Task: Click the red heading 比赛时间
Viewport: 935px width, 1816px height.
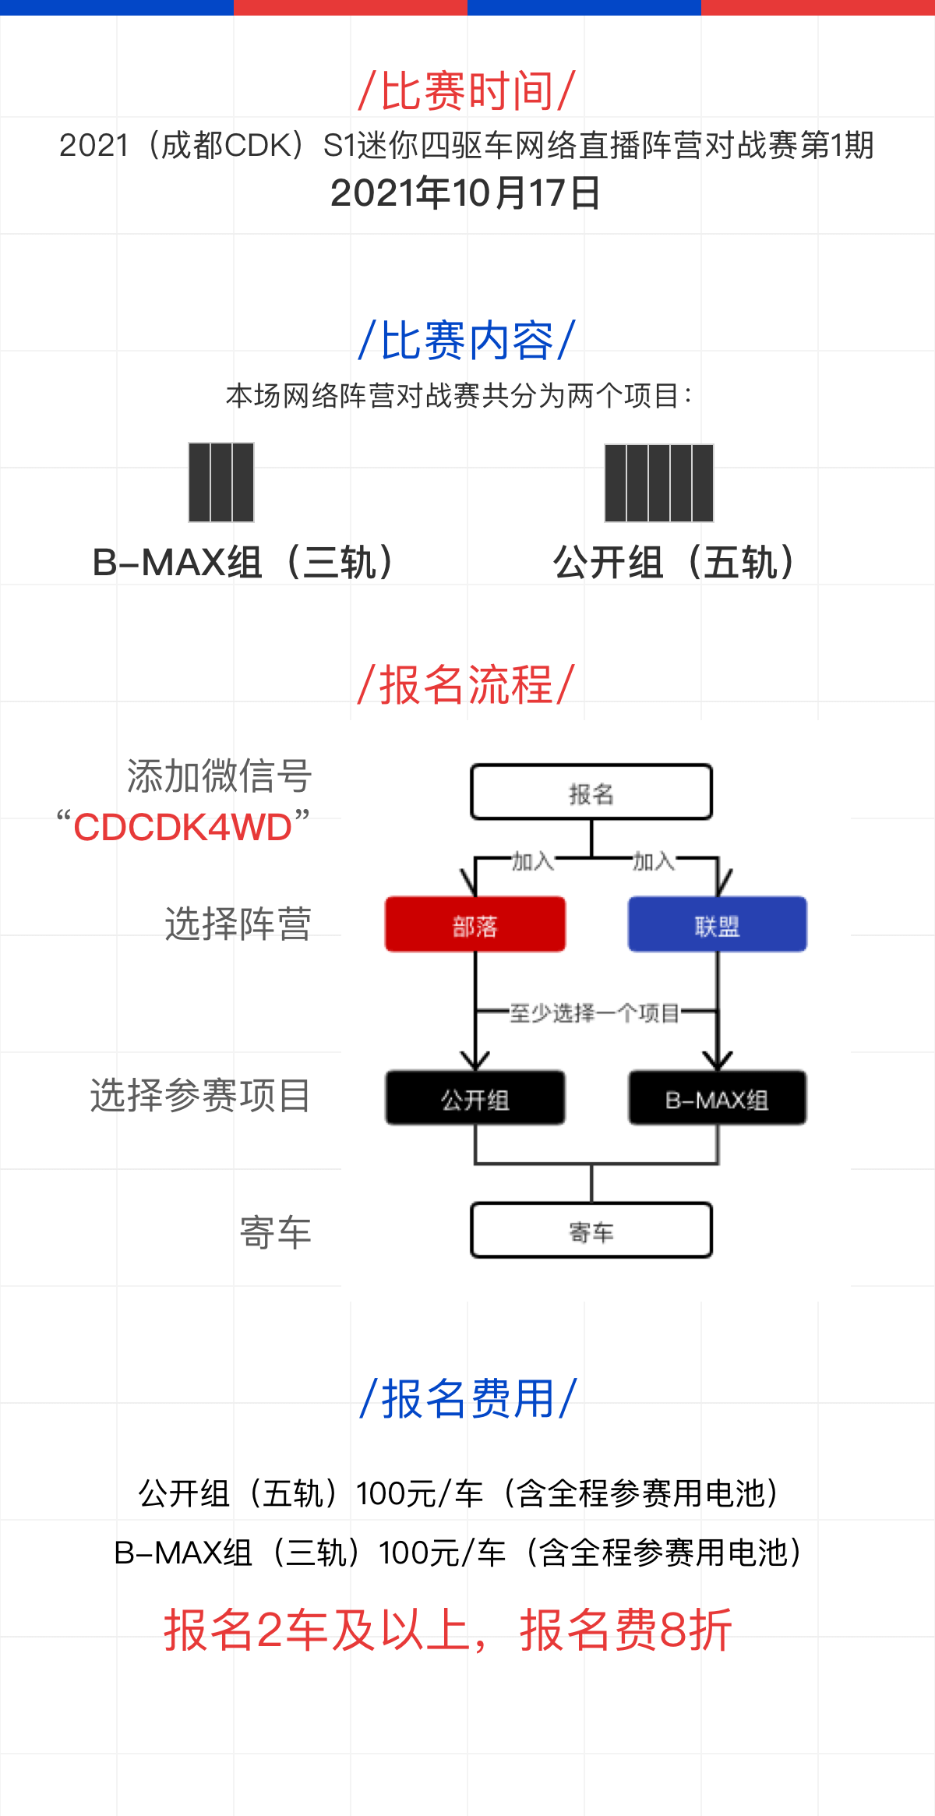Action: click(x=467, y=90)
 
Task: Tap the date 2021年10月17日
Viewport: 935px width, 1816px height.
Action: click(x=466, y=193)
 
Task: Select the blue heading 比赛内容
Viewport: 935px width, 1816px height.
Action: click(x=467, y=341)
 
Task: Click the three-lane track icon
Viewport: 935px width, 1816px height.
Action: click(x=221, y=482)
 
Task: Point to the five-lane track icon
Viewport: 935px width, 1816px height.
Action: click(x=659, y=482)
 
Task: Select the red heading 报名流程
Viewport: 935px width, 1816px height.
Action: click(x=467, y=684)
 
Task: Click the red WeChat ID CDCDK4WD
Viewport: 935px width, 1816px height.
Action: click(x=182, y=827)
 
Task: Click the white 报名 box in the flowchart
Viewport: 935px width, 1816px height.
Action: click(x=591, y=792)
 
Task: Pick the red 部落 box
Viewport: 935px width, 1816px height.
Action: click(x=475, y=924)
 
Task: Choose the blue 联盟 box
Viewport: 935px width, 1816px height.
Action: click(x=718, y=924)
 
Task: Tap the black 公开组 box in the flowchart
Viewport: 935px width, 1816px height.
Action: click(x=475, y=1098)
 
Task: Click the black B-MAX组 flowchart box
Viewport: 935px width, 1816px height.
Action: click(x=718, y=1098)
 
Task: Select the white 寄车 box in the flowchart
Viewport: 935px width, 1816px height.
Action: click(x=591, y=1231)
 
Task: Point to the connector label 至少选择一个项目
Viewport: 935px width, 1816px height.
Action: click(x=595, y=1012)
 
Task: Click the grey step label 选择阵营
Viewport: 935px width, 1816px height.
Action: click(x=238, y=924)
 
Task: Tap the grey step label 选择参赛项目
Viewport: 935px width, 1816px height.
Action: click(x=201, y=1096)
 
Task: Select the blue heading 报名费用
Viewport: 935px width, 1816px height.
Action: click(x=467, y=1399)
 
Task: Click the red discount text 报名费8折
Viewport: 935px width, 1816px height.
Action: click(x=626, y=1630)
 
